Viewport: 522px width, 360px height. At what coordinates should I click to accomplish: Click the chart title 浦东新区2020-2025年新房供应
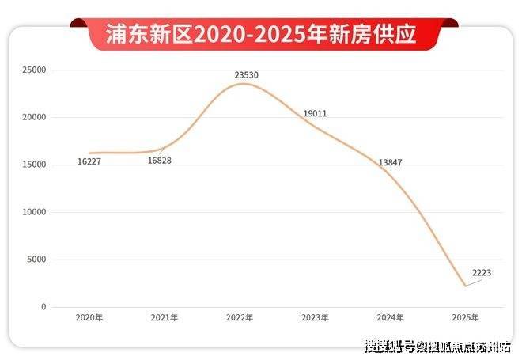pyautogui.click(x=261, y=34)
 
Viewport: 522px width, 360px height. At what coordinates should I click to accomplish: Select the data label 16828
pyautogui.click(x=159, y=161)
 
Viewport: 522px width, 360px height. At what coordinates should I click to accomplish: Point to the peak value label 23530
pyautogui.click(x=246, y=75)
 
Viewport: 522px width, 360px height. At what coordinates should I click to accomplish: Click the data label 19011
pyautogui.click(x=315, y=114)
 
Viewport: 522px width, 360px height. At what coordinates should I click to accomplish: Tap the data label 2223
pyautogui.click(x=482, y=273)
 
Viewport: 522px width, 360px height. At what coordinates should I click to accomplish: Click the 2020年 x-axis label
pyautogui.click(x=89, y=317)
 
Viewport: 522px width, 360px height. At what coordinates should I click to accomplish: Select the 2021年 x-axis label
pyautogui.click(x=164, y=317)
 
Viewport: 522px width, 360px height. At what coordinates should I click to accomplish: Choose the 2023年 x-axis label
pyautogui.click(x=315, y=317)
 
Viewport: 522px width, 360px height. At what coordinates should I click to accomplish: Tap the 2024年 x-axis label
pyautogui.click(x=390, y=317)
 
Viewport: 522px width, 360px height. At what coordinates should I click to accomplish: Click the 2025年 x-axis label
pyautogui.click(x=465, y=317)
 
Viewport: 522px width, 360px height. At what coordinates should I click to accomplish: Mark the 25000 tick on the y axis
pyautogui.click(x=34, y=70)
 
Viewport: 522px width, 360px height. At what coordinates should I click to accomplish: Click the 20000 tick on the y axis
pyautogui.click(x=34, y=118)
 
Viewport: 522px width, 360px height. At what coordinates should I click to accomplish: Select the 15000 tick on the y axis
pyautogui.click(x=34, y=165)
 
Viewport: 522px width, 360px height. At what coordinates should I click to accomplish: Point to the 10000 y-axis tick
pyautogui.click(x=34, y=212)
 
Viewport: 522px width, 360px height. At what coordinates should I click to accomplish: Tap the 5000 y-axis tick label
pyautogui.click(x=36, y=260)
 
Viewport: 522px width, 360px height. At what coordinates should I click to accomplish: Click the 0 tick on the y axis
pyautogui.click(x=44, y=307)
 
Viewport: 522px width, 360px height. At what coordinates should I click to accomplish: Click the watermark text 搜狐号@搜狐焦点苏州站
pyautogui.click(x=437, y=347)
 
